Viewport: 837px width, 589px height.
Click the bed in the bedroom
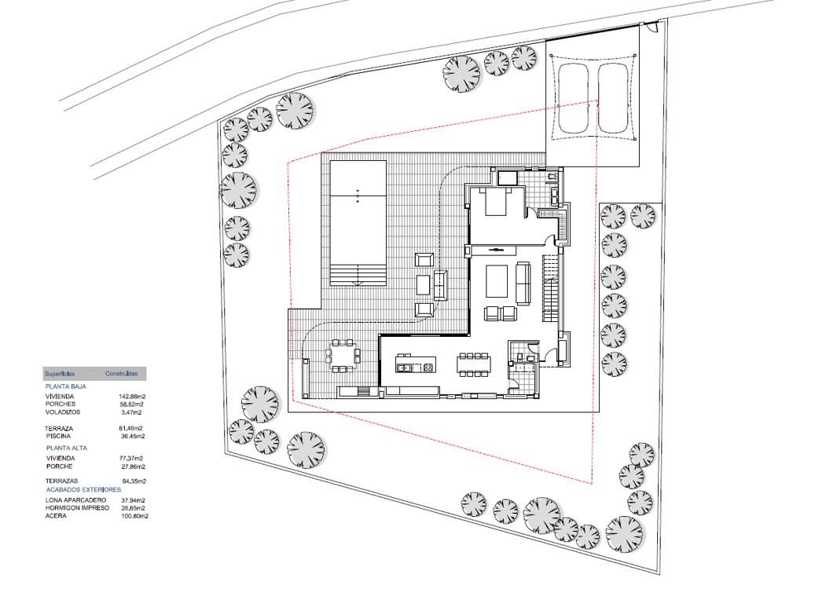(x=495, y=202)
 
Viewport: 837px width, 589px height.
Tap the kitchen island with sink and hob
(x=415, y=364)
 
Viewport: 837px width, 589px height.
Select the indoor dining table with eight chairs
(x=475, y=364)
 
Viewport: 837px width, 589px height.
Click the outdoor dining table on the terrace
(x=342, y=355)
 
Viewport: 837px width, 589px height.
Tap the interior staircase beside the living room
(x=552, y=288)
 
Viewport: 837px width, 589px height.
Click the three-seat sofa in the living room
(x=523, y=283)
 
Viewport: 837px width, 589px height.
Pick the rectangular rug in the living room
(x=497, y=281)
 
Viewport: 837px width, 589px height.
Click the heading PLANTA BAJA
(x=66, y=386)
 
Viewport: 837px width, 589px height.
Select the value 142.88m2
(x=132, y=397)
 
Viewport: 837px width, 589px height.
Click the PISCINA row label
(x=58, y=436)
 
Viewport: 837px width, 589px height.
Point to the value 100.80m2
(x=134, y=516)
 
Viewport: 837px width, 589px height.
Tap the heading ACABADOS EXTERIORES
(x=83, y=489)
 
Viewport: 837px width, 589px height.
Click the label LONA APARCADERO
(x=75, y=500)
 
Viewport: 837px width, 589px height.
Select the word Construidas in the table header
(x=121, y=374)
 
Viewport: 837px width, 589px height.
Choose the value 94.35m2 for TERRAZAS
(x=134, y=481)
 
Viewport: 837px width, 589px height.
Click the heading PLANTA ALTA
(x=67, y=448)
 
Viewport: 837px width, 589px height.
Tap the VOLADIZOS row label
(x=63, y=412)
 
